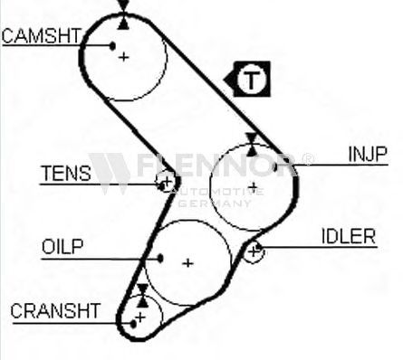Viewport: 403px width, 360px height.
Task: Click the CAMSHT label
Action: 42,36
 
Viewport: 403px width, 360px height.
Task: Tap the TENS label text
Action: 66,174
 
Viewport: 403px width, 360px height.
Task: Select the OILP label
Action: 62,247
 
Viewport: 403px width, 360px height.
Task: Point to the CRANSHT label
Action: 55,311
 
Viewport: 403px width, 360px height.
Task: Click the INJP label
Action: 368,154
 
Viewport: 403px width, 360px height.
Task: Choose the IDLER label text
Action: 349,236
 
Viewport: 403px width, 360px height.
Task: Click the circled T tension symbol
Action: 251,80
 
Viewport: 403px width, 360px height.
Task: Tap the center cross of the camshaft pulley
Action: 123,57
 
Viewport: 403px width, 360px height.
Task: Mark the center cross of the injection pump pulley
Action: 253,187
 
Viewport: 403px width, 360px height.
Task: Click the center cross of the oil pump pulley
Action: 187,263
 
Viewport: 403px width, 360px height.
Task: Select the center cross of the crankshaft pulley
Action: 140,317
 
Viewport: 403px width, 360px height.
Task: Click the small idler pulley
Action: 254,251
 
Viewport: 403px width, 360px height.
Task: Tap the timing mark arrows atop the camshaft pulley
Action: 123,14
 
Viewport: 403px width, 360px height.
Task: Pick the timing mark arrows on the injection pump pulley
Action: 251,145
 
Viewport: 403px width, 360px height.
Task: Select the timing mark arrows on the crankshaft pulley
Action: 142,296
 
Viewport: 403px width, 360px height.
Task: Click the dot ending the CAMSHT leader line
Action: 112,46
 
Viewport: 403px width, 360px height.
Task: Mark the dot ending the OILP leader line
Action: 160,259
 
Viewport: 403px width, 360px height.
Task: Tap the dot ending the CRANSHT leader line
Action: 133,324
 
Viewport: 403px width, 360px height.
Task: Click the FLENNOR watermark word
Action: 216,165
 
